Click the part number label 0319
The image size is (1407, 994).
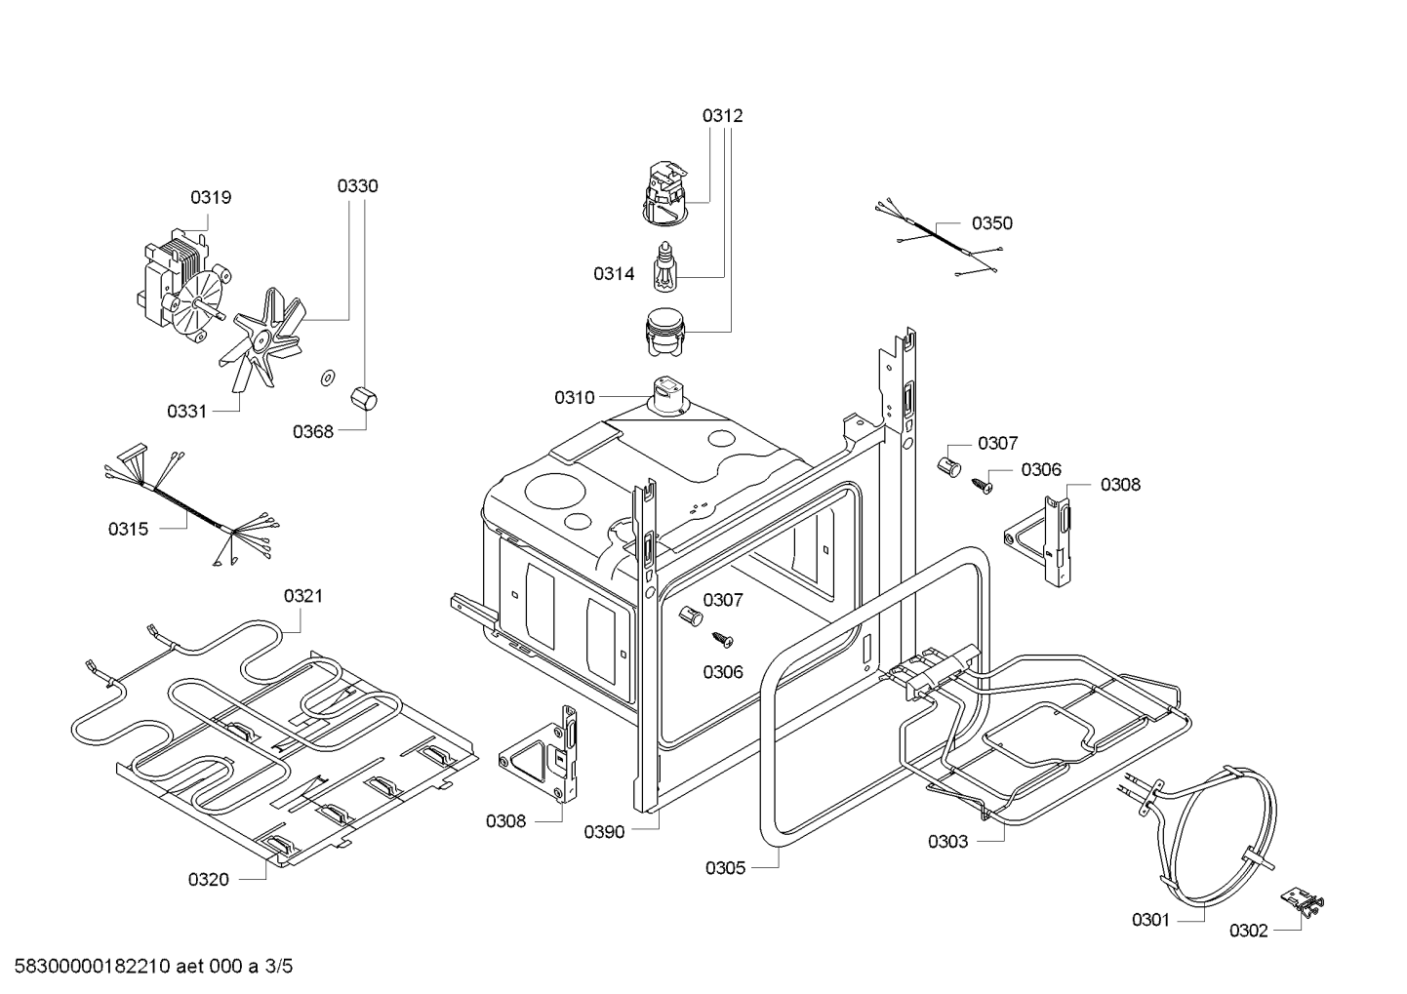point(211,197)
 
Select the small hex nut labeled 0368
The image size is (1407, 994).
point(363,399)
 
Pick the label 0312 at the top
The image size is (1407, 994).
point(722,115)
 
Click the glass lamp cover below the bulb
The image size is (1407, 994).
point(665,328)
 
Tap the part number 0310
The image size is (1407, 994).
point(574,397)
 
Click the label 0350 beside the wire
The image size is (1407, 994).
point(992,222)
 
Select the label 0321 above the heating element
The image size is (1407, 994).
point(303,595)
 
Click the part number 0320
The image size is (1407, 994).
point(209,880)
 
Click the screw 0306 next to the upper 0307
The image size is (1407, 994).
point(981,483)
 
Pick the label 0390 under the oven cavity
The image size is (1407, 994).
point(604,831)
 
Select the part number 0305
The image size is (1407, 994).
point(726,867)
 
